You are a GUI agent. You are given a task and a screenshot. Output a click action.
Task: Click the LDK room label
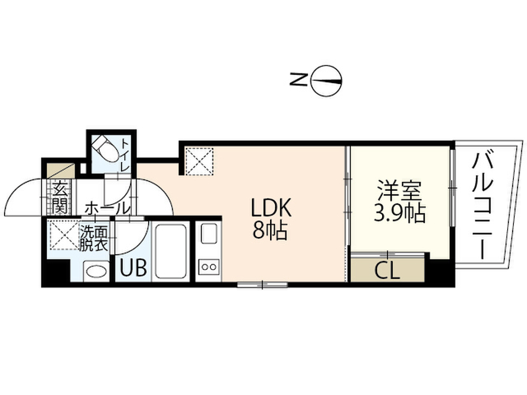(271, 208)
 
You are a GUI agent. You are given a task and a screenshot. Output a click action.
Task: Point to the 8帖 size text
(270, 230)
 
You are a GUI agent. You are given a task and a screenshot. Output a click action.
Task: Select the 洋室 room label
(399, 191)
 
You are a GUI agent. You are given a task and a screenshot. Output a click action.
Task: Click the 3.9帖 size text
(400, 212)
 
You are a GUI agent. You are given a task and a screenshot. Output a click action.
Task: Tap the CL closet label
(387, 271)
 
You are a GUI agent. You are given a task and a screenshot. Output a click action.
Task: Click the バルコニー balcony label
(483, 206)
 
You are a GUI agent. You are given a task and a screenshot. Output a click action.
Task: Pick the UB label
(133, 267)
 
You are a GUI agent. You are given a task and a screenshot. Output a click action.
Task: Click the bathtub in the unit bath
(170, 251)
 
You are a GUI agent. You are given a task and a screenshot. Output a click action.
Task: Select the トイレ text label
(125, 155)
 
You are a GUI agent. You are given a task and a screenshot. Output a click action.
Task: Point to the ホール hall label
(107, 208)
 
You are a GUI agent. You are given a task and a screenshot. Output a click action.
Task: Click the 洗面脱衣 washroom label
(93, 239)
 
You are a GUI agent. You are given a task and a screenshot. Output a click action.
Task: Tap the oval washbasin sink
(96, 271)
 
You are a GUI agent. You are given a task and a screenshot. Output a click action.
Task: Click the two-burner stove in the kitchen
(208, 267)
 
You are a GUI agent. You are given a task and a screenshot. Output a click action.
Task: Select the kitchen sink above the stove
(208, 233)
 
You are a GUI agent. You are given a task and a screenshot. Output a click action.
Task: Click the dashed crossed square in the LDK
(199, 161)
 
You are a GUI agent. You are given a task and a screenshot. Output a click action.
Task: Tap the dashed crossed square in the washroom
(64, 235)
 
